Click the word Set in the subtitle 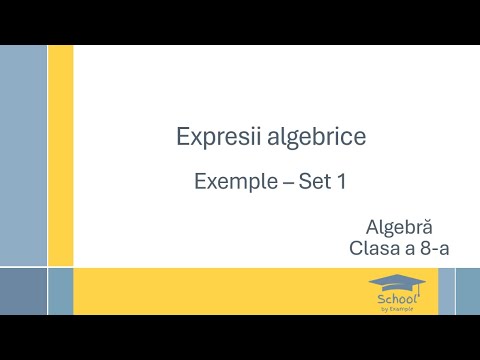pyautogui.click(x=313, y=183)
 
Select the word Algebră pyautogui.click(x=399, y=228)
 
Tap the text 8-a pyautogui.click(x=432, y=247)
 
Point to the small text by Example pyautogui.click(x=396, y=309)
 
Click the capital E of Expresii pyautogui.click(x=181, y=137)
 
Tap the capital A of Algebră pyautogui.click(x=373, y=228)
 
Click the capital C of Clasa pyautogui.click(x=356, y=247)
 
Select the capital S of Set pyautogui.click(x=304, y=183)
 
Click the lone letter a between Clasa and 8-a pyautogui.click(x=408, y=248)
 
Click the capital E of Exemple pyautogui.click(x=200, y=183)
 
